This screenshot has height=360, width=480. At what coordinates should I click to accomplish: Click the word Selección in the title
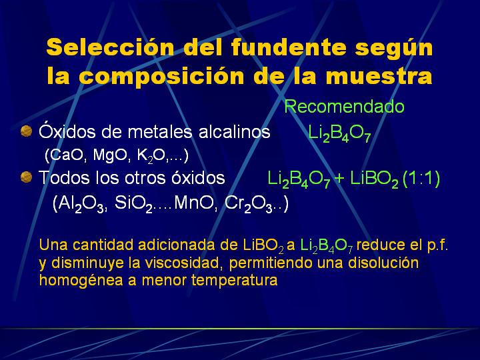tap(110, 47)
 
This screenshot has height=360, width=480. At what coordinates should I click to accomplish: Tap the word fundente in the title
tap(289, 47)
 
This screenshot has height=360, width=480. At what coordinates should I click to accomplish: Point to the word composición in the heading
tap(163, 76)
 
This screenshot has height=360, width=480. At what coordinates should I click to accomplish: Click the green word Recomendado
tap(345, 107)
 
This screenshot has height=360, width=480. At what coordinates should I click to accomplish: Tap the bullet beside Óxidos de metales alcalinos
tap(26, 131)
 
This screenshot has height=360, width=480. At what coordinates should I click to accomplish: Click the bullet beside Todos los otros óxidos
tap(26, 177)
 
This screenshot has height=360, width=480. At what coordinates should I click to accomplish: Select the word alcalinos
tap(235, 132)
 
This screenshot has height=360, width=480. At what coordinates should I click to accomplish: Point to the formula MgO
tap(110, 155)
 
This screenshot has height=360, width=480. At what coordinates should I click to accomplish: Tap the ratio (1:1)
tap(421, 178)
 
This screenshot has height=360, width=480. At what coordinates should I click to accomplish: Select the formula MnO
tap(193, 203)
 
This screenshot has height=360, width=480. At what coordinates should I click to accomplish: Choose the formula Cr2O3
tap(248, 203)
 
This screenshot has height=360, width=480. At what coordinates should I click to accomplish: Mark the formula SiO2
tap(133, 203)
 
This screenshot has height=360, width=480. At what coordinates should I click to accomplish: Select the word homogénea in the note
tap(81, 281)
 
